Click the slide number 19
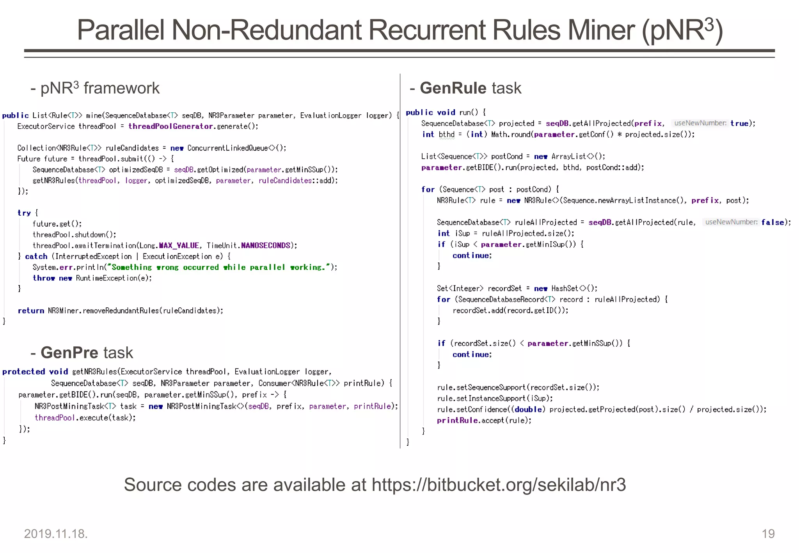click(x=768, y=534)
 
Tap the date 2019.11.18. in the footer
click(x=56, y=534)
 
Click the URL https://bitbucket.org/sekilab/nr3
click(x=499, y=485)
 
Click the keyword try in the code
click(x=24, y=213)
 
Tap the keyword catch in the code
click(x=36, y=256)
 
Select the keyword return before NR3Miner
click(x=31, y=310)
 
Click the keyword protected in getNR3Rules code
click(x=23, y=372)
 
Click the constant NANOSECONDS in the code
click(x=265, y=245)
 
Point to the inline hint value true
click(x=739, y=123)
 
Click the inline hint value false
click(x=772, y=222)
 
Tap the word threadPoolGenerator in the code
click(x=170, y=126)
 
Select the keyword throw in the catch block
click(x=44, y=278)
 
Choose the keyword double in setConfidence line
click(x=528, y=409)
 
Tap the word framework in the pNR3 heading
click(x=121, y=88)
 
